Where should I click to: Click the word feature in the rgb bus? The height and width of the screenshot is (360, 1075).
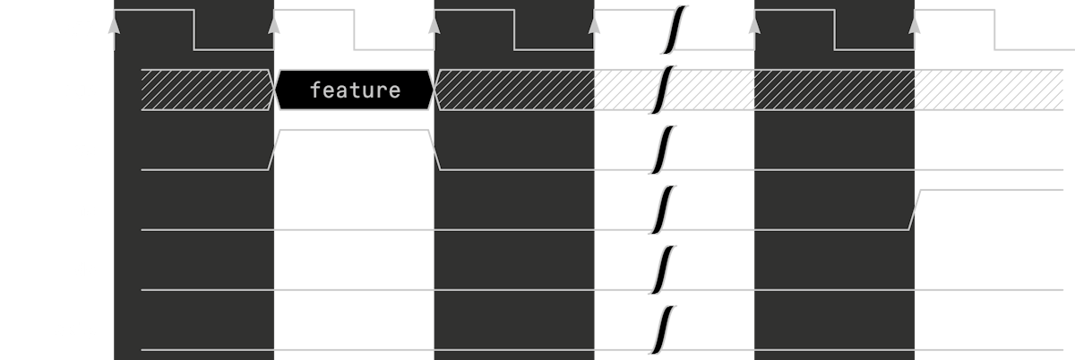[355, 90]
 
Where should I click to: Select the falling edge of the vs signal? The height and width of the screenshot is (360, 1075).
[436, 150]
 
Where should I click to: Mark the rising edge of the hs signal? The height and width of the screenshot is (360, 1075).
[915, 210]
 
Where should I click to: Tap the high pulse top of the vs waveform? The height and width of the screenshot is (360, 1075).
[355, 131]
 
